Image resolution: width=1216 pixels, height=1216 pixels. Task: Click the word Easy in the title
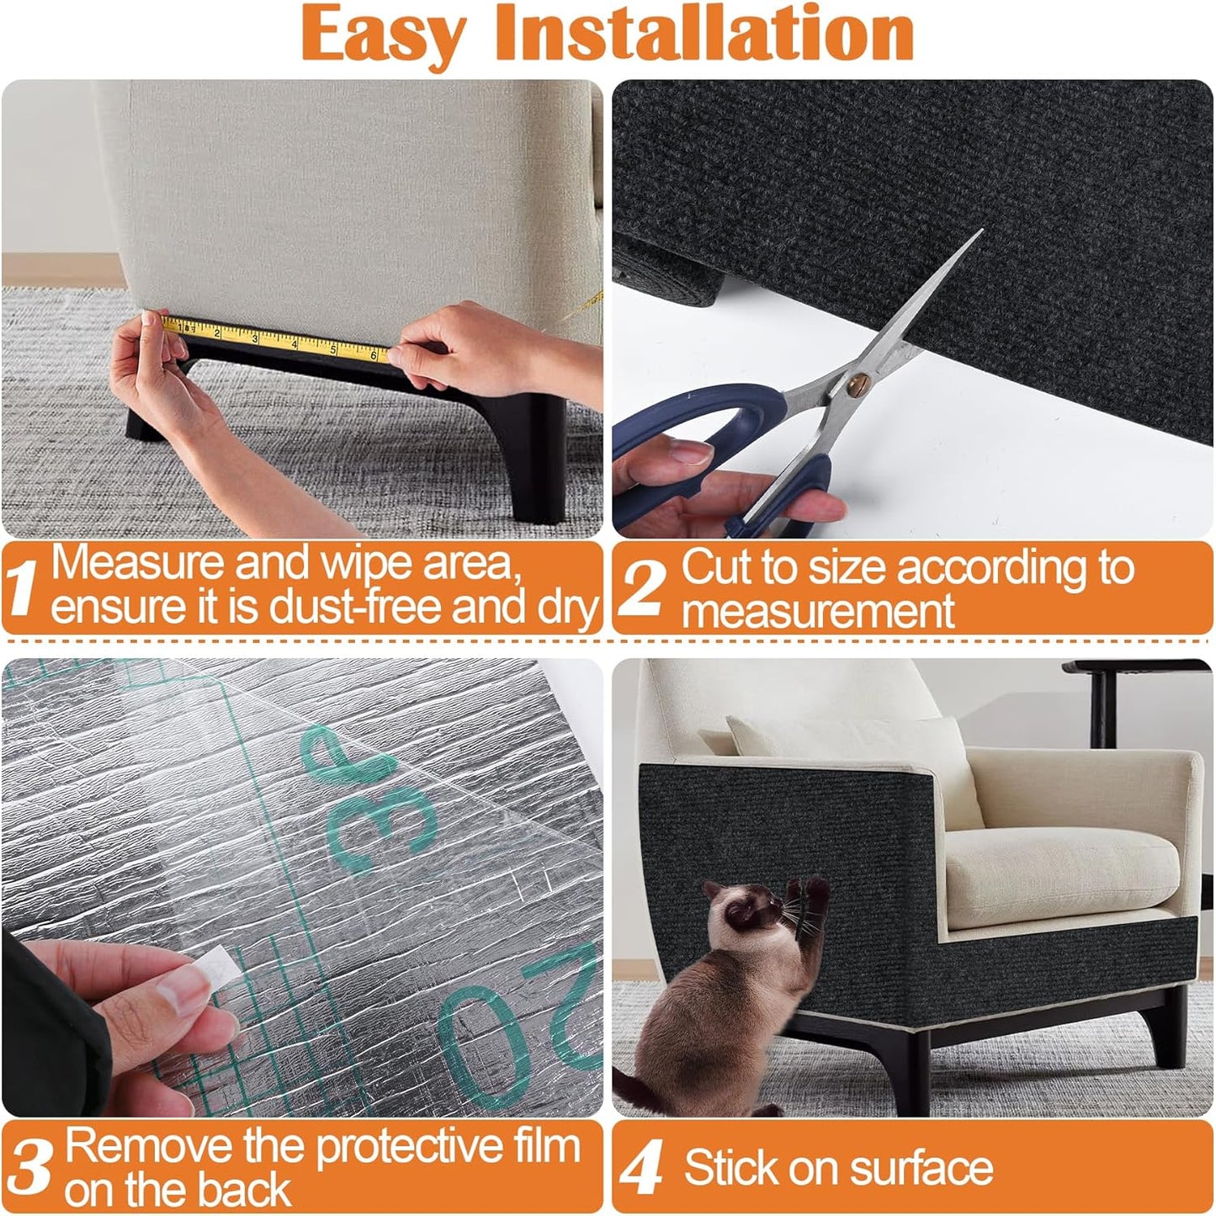[x=383, y=34]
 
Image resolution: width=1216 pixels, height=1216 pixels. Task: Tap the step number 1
[x=23, y=588]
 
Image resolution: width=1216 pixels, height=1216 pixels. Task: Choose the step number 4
[x=641, y=1169]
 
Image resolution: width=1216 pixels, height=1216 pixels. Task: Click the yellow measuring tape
[x=278, y=340]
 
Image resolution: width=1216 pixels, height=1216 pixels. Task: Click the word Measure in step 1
[x=138, y=564]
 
